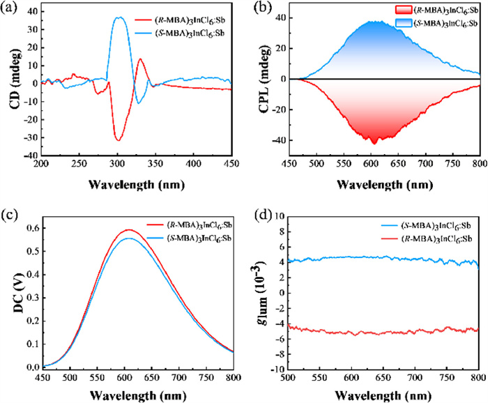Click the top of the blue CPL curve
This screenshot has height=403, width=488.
point(375,21)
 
